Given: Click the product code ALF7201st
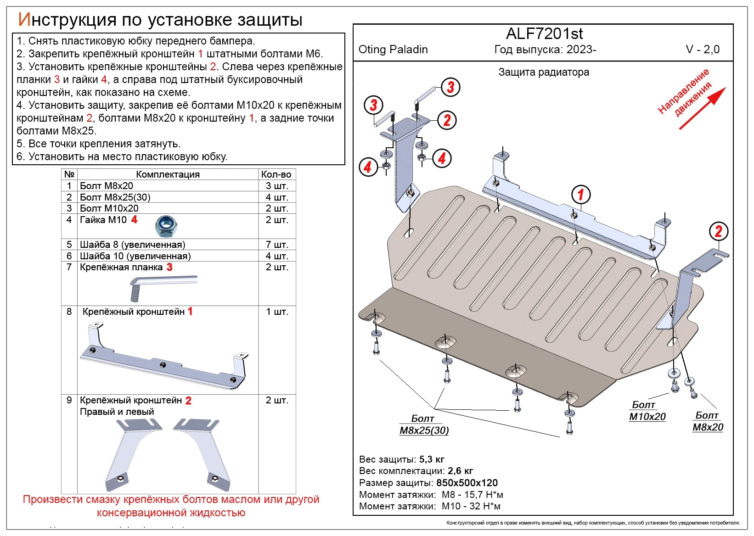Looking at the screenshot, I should click(x=544, y=34).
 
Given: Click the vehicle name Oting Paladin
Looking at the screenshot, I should click(x=393, y=50).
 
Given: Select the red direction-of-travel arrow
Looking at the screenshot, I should click(x=702, y=108).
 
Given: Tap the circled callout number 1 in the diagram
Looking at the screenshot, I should click(x=580, y=194).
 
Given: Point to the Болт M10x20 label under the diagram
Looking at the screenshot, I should click(x=647, y=411).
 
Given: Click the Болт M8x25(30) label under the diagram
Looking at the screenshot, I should click(x=424, y=425).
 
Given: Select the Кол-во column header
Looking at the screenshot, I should click(x=276, y=174).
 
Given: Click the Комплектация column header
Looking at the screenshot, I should click(x=168, y=174).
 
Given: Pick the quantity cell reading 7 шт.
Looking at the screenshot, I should click(x=277, y=245).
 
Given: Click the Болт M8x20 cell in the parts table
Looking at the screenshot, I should click(x=107, y=186).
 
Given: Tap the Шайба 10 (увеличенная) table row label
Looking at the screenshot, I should click(x=135, y=256).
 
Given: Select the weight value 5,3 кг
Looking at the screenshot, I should click(x=432, y=459).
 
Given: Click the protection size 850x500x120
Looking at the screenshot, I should click(x=467, y=483).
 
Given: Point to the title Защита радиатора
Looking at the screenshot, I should click(x=544, y=73).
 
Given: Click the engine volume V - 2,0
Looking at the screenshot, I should click(x=703, y=50).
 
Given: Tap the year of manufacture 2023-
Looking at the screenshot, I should click(x=581, y=50).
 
